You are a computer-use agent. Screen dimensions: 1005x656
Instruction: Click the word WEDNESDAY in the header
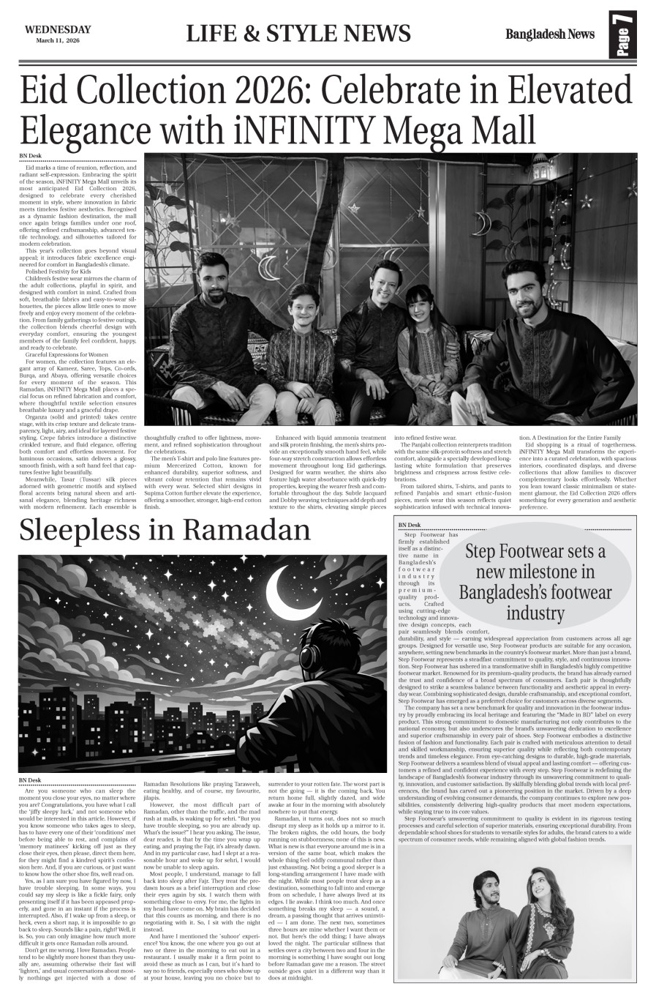(58, 29)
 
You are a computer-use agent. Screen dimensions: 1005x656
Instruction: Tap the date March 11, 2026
(58, 41)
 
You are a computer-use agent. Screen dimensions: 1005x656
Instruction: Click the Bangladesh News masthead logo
(549, 34)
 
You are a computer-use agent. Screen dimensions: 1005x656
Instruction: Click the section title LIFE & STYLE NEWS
(298, 34)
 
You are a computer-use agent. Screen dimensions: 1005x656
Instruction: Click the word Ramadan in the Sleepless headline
(248, 529)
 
